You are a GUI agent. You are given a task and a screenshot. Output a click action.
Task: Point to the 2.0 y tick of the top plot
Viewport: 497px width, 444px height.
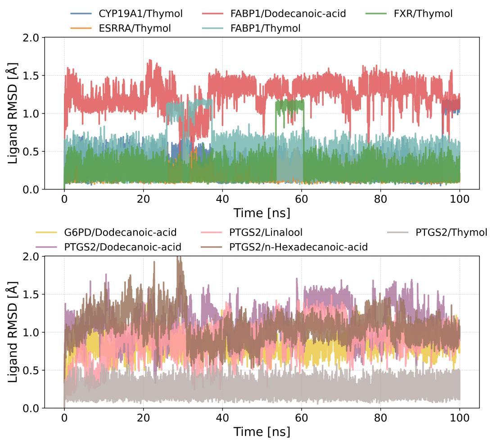pos(31,37)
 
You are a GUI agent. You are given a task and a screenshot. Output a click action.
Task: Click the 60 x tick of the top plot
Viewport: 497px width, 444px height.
pos(301,198)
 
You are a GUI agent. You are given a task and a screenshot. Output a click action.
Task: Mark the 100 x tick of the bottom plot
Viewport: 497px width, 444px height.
pos(460,417)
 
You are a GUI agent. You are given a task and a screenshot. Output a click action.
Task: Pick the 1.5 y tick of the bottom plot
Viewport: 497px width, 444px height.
pos(31,294)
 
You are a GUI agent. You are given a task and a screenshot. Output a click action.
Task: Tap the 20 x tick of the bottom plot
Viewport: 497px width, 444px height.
pos(143,417)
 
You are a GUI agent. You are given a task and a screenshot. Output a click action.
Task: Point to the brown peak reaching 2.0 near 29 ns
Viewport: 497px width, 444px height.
pos(179,258)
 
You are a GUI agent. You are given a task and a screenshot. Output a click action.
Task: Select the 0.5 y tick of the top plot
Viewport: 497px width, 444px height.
pos(31,151)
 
